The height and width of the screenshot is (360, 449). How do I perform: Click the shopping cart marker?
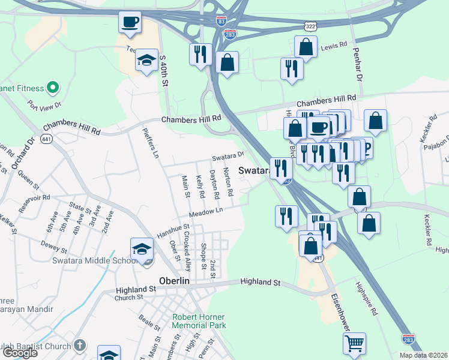pyautogui.click(x=354, y=343)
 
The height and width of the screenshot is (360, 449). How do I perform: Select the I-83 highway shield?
pyautogui.click(x=221, y=20)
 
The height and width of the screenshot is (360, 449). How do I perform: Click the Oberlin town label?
pyautogui.click(x=175, y=280)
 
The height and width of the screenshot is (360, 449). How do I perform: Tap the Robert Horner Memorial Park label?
pyautogui.click(x=199, y=320)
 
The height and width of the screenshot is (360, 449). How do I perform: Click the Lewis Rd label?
pyautogui.click(x=334, y=46)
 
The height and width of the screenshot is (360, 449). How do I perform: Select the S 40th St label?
pyautogui.click(x=163, y=70)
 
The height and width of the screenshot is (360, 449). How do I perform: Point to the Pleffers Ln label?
pyautogui.click(x=150, y=143)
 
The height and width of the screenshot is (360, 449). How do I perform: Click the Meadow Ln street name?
pyautogui.click(x=205, y=212)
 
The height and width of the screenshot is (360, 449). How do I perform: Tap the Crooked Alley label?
pyautogui.click(x=188, y=251)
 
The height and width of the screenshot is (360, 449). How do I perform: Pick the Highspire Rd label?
pyautogui.click(x=366, y=299)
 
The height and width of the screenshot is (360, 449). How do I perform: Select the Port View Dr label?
pyautogui.click(x=44, y=104)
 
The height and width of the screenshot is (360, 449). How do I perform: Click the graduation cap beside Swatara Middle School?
pyautogui.click(x=142, y=248)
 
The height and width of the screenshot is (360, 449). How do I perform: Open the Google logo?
pyautogui.click(x=19, y=352)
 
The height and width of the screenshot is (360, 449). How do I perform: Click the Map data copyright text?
pyautogui.click(x=423, y=355)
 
